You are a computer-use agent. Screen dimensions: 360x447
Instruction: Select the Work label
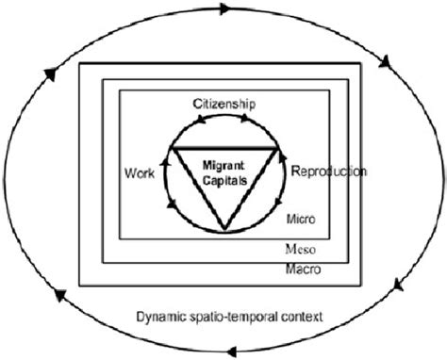tap(139, 174)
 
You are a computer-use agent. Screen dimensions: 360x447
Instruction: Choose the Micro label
tap(299, 219)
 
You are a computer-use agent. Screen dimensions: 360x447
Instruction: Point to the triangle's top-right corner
tap(277, 149)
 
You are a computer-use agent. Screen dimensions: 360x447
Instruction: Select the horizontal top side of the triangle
tap(224, 149)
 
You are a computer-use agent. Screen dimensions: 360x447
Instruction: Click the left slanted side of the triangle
tap(198, 188)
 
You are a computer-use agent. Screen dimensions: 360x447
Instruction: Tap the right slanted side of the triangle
tap(251, 188)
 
